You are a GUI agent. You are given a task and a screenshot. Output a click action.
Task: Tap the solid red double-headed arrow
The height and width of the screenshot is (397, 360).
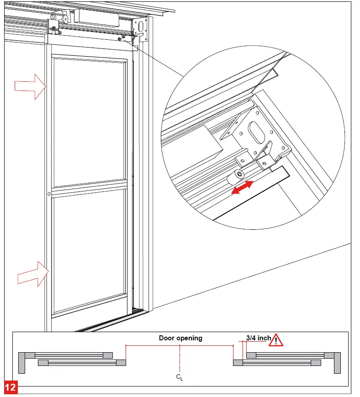pos(242,188)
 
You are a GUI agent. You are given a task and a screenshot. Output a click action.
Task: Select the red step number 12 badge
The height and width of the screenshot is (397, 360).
pos(11,387)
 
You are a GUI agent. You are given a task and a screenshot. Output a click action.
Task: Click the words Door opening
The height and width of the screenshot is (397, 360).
pos(180,338)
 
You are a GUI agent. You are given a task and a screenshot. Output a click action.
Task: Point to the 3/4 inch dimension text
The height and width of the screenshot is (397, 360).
pos(258,338)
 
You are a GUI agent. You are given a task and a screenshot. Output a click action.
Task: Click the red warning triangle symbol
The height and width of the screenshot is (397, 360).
pos(276,340)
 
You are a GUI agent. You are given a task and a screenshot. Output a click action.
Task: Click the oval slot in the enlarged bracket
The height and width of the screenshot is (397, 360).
pos(257,134)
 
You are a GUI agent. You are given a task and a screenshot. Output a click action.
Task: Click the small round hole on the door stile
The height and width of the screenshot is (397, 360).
pos(49,194)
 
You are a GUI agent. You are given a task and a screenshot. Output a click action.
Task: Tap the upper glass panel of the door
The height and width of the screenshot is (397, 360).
pos(89,121)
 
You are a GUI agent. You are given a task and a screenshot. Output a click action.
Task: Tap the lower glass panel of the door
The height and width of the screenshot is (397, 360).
pos(89,251)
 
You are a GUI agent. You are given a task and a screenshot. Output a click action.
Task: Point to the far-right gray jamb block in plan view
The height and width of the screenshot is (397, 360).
pos(338,362)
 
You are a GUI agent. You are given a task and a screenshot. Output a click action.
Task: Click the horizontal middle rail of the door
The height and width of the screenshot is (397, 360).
pos(89,186)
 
